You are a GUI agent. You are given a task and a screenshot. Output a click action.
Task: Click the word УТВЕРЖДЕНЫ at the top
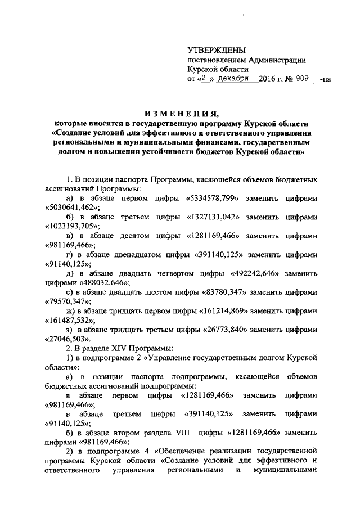(217, 51)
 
